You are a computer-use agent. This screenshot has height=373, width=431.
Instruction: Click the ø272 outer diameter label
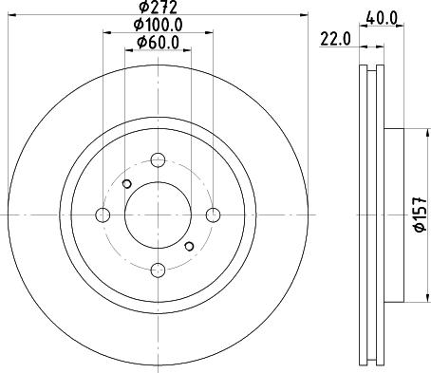pyautogui.click(x=157, y=8)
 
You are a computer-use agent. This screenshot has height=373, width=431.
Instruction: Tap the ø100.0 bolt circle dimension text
pyautogui.click(x=157, y=25)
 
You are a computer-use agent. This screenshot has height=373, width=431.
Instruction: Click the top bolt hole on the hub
pyautogui.click(x=158, y=159)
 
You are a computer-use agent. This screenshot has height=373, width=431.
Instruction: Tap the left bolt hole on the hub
pyautogui.click(x=102, y=214)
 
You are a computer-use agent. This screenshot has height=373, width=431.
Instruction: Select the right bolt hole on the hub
pyautogui.click(x=214, y=214)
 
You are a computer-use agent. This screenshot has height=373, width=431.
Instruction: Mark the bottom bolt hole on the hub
pyautogui.click(x=158, y=270)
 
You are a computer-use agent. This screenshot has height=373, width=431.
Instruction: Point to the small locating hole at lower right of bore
pyautogui.click(x=189, y=247)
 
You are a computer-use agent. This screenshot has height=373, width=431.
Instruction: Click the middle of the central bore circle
pyautogui.click(x=158, y=214)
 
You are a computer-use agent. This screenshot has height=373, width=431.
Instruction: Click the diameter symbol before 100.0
pyautogui.click(x=139, y=25)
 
